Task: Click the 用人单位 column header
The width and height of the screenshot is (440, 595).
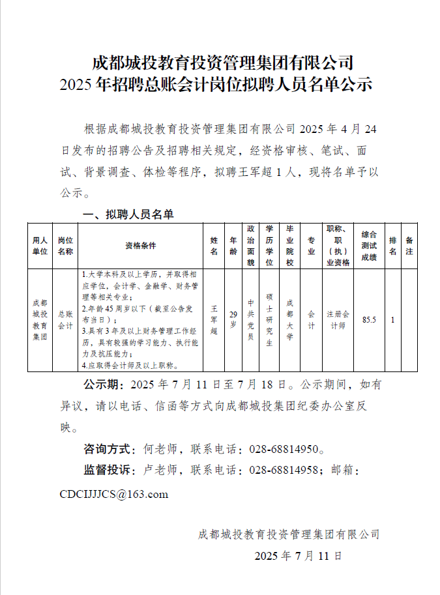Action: (x=40, y=246)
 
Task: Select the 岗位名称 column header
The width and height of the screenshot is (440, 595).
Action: (x=65, y=246)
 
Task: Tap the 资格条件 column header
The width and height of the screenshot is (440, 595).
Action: (x=141, y=246)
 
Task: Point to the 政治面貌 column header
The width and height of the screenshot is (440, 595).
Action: (x=251, y=246)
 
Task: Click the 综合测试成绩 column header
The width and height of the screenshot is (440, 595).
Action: (x=370, y=246)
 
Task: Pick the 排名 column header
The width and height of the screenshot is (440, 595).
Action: (x=392, y=246)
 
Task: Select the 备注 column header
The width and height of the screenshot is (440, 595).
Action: (x=409, y=246)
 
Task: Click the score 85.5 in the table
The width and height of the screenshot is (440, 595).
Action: (x=370, y=319)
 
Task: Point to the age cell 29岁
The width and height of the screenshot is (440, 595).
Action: (x=233, y=319)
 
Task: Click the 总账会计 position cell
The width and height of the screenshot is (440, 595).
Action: (x=65, y=320)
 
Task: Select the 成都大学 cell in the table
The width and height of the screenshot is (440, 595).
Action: (x=290, y=319)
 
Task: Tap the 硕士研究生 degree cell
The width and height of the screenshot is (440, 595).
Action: (x=269, y=319)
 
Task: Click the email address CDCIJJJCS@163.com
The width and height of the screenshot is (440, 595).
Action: (x=113, y=494)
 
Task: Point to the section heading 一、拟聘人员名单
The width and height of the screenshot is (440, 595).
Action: (x=126, y=214)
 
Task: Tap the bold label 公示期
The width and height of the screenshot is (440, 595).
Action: (x=104, y=384)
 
